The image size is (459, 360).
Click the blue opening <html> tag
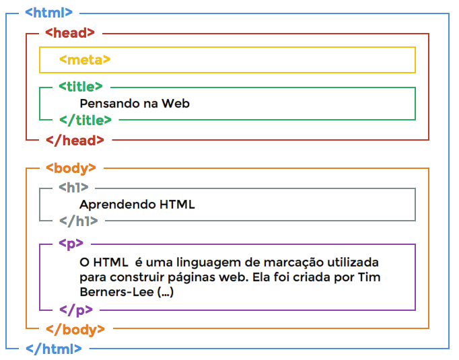tap(48, 13)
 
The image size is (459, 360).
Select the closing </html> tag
tap(54, 349)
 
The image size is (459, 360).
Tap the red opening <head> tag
tap(70, 33)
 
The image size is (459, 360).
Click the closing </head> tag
tap(75, 140)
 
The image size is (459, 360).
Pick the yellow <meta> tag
tap(85, 60)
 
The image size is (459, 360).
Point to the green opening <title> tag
tap(81, 87)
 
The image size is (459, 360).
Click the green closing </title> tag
tap(85, 120)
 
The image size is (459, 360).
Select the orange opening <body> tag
tap(71, 169)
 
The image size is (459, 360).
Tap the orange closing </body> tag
tap(75, 330)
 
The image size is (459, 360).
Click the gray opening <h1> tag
tap(73, 187)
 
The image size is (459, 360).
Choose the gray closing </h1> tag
tap(79, 221)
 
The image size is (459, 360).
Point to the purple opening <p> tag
tap(71, 244)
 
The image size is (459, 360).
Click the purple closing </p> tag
tap(76, 310)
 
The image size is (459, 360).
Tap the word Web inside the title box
tap(176, 104)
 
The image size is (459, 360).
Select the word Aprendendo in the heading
tap(117, 205)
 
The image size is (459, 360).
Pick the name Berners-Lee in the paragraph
tap(116, 292)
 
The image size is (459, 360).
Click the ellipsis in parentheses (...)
tap(166, 292)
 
